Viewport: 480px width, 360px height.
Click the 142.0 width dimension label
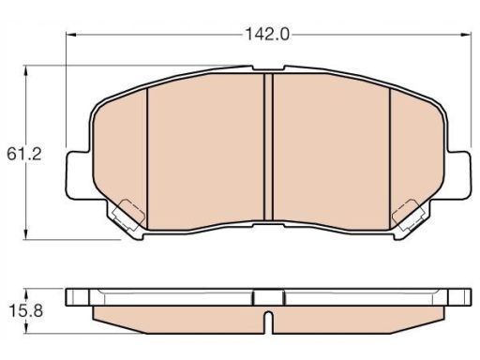(267, 34)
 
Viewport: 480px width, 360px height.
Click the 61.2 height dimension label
(24, 154)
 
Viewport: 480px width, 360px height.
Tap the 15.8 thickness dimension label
(25, 311)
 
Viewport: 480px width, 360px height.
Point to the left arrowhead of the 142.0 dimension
(71, 35)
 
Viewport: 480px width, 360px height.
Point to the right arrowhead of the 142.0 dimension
(466, 35)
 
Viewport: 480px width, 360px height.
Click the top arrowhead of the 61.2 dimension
(26, 70)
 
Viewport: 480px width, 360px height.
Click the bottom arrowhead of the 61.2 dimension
(26, 234)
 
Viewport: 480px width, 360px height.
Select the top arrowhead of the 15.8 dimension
(26, 293)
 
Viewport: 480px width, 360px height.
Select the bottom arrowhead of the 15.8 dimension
(26, 329)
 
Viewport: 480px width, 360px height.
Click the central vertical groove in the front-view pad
(268, 147)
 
